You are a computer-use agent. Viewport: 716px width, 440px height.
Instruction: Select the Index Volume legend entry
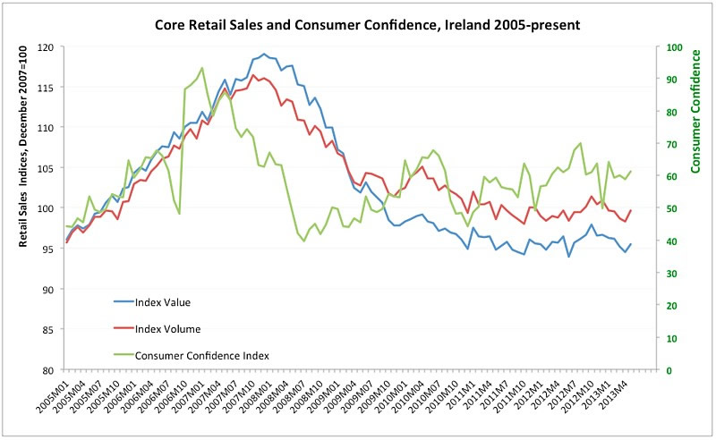[166, 328]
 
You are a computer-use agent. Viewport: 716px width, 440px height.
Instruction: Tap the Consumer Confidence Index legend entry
[200, 355]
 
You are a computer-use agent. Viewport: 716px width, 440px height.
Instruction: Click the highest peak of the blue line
[264, 54]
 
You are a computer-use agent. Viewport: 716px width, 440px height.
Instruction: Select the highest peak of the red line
[253, 75]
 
